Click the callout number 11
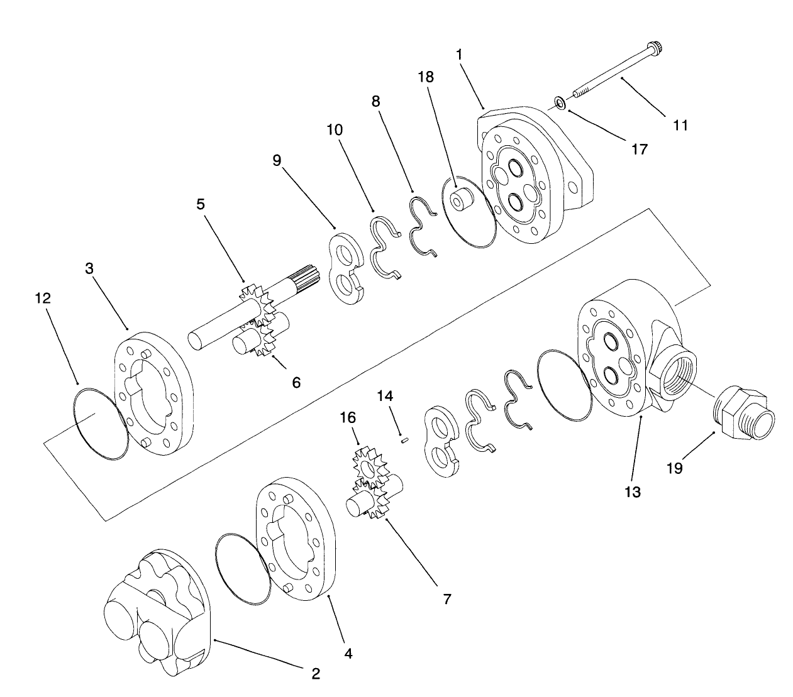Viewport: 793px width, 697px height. (x=680, y=125)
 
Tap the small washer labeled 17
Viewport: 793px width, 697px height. (x=559, y=102)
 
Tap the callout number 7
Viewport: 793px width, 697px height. (x=446, y=599)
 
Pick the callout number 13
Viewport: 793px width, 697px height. (x=632, y=491)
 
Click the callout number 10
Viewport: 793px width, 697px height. (x=335, y=130)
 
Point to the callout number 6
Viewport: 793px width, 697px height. (x=296, y=381)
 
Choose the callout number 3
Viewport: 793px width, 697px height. (x=90, y=268)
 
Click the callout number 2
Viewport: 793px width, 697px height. (x=316, y=674)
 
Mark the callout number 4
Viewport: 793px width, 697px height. (x=348, y=654)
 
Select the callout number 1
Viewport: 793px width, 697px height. (x=459, y=55)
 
